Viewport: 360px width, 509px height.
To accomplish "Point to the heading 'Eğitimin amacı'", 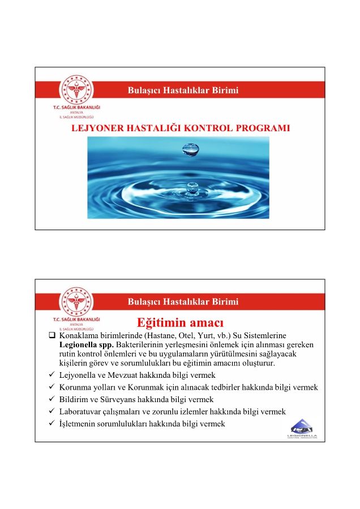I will click(x=180, y=323).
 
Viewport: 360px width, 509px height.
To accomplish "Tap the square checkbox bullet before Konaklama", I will click(x=52, y=336).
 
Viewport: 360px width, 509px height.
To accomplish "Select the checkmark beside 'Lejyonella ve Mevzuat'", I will click(x=52, y=375).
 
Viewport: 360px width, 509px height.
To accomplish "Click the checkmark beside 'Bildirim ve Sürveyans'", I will click(x=52, y=399).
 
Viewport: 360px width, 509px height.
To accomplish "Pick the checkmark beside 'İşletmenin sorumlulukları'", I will click(x=52, y=424).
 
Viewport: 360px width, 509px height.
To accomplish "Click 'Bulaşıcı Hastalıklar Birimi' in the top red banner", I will click(x=183, y=90).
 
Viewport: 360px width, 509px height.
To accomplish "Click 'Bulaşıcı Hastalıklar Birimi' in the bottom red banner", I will click(x=183, y=301).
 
